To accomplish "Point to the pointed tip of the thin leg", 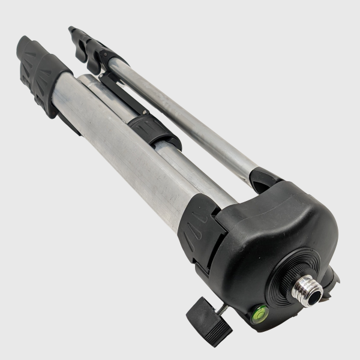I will point(72,28).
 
